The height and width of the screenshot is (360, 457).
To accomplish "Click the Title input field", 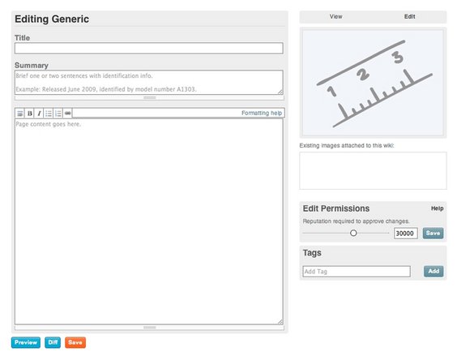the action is coord(148,48).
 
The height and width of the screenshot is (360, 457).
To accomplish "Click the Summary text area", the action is coord(148,82).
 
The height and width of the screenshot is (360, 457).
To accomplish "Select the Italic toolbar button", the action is coord(39,114).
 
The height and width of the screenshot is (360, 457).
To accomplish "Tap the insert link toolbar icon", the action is coord(67,114).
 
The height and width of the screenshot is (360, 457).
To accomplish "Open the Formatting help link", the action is coord(262,113).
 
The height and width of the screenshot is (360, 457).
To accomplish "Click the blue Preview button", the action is coord(26,342).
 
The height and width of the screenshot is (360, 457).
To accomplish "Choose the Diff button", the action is coord(53,342).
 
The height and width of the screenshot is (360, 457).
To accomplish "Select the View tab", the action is coord(335,17).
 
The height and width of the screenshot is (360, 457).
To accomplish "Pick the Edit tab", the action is coord(409,17).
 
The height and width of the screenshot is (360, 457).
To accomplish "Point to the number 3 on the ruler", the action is coord(398,58).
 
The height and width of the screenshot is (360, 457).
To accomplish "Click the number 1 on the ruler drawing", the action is coord(331,91).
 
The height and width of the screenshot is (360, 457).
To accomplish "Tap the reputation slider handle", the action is coord(353,233).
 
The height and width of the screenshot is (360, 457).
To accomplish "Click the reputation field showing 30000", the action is coord(405,233).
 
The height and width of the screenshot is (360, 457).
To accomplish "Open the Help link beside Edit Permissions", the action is coord(438,208).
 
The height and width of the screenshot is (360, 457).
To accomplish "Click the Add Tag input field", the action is coord(357,272).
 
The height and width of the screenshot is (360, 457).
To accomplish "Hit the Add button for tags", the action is coord(434,272).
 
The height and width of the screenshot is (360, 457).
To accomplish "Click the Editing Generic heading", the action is coord(52,19).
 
